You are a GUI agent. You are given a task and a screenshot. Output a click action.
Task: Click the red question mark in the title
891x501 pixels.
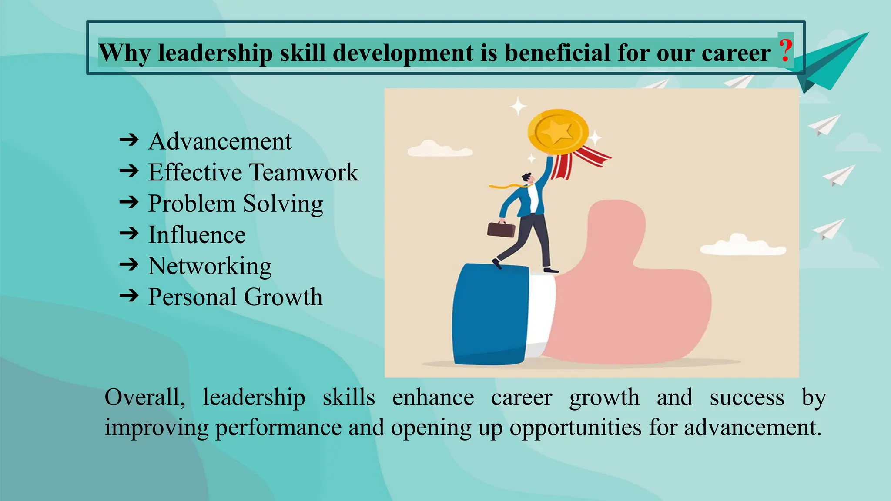click(785, 51)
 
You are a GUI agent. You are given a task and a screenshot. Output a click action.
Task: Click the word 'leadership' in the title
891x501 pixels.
click(215, 53)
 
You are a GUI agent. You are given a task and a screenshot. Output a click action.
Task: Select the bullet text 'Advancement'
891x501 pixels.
click(220, 141)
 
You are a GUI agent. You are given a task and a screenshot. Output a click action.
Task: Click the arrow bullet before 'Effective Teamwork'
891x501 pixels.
click(129, 171)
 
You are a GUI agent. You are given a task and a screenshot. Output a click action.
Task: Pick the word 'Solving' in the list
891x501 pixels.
click(283, 204)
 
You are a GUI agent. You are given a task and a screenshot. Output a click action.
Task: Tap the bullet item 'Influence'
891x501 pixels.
click(197, 235)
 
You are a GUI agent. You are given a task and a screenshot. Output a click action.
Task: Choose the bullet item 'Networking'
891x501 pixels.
click(210, 266)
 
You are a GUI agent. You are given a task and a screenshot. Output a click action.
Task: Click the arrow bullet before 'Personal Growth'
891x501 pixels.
click(129, 296)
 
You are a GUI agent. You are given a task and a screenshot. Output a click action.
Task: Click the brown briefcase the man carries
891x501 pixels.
click(501, 229)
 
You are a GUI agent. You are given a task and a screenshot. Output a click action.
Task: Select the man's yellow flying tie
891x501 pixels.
click(507, 186)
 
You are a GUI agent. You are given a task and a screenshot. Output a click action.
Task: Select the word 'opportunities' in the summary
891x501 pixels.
click(576, 428)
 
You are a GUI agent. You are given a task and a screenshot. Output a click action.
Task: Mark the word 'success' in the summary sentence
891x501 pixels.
click(747, 397)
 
